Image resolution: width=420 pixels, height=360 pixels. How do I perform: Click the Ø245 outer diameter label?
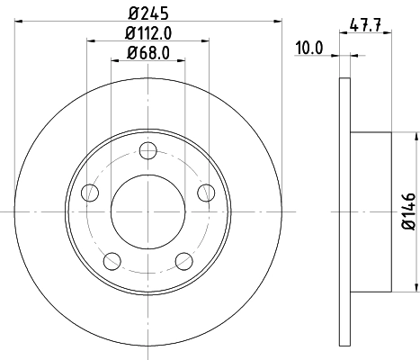(148, 13)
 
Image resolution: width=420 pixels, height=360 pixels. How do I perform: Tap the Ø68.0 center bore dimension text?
(148, 52)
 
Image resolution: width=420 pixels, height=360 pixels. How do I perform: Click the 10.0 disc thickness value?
(308, 48)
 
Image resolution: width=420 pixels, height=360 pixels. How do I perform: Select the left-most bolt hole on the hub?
(89, 193)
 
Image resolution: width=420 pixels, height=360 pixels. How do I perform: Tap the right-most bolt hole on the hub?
(207, 192)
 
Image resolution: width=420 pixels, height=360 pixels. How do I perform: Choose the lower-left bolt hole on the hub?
(112, 261)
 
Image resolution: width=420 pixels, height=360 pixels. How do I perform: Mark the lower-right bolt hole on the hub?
(183, 261)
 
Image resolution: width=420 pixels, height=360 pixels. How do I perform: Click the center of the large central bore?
(148, 212)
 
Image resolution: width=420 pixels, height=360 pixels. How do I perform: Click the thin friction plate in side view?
(344, 212)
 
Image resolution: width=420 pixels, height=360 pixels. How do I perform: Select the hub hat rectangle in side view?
(370, 212)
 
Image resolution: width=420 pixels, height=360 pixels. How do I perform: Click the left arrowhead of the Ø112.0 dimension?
(91, 41)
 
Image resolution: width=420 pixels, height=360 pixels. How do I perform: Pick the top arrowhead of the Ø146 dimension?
(418, 138)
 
